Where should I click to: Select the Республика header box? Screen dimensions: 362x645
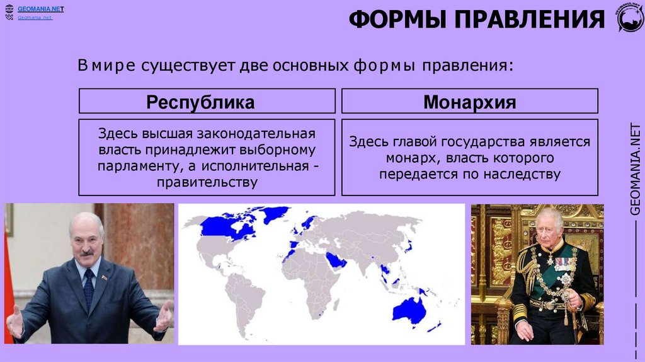(x=207, y=102)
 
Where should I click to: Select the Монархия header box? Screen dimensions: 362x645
(x=469, y=102)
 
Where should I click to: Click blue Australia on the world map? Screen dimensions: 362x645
(x=409, y=310)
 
